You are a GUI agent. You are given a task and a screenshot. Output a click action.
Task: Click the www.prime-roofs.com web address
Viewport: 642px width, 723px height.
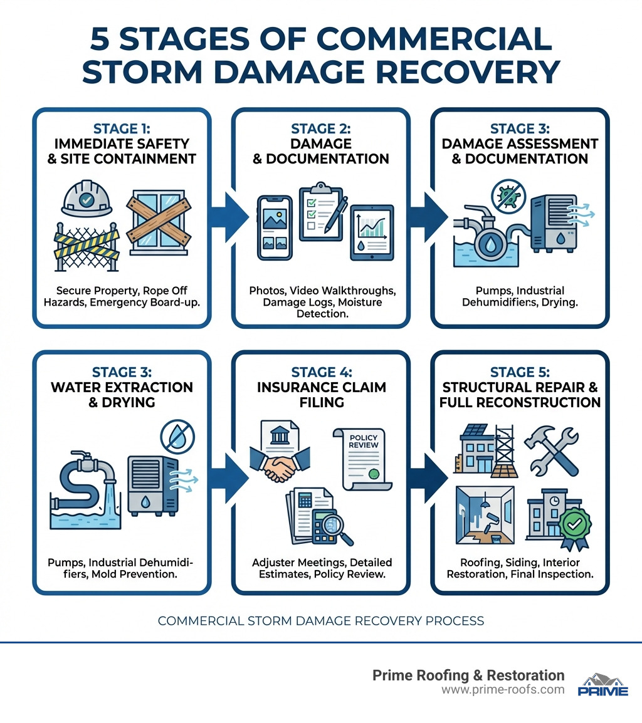click(502, 690)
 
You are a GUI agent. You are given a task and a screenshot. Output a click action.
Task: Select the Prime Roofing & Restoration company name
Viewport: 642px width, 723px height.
click(468, 675)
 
